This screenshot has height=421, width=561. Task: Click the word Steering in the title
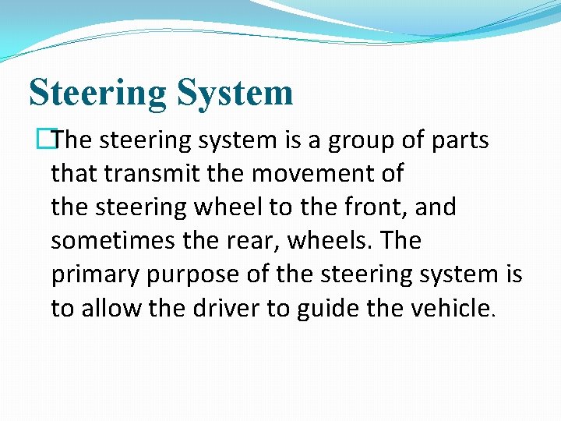point(97,93)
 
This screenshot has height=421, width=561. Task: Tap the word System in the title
point(235,93)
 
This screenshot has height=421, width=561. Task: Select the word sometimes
point(111,241)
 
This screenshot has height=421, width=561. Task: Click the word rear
point(254,241)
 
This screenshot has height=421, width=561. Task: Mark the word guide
point(326,308)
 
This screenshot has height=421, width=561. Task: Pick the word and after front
point(439,207)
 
